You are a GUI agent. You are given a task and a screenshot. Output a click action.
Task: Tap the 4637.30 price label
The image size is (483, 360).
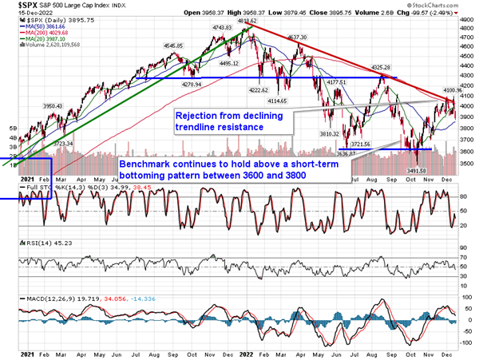[297, 38]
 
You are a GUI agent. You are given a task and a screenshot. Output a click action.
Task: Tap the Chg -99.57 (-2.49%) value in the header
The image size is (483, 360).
[448, 14]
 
